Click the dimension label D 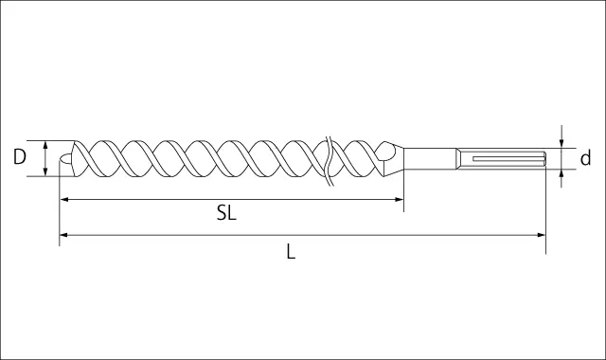point(19,157)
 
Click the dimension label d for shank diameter point(586,158)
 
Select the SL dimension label point(226,212)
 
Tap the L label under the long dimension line point(291,251)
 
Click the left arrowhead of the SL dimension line point(64,200)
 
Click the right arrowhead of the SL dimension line point(400,200)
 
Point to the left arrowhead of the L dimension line point(64,235)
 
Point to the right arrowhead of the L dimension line point(541,235)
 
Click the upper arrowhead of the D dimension point(45,145)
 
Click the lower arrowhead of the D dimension point(45,171)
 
